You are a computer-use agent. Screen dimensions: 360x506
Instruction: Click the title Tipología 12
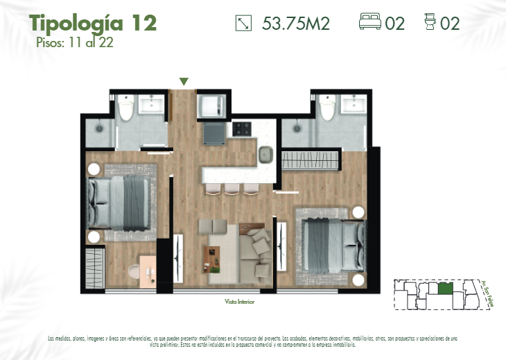pyautogui.click(x=93, y=22)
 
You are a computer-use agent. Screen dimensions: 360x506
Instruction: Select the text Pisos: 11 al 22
pyautogui.click(x=75, y=42)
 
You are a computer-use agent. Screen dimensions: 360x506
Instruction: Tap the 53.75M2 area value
pyautogui.click(x=296, y=24)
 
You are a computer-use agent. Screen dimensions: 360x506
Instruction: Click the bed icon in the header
pyautogui.click(x=371, y=23)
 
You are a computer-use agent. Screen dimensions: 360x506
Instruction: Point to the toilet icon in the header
pyautogui.click(x=430, y=23)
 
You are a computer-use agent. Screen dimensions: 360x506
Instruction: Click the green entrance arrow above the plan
pyautogui.click(x=184, y=82)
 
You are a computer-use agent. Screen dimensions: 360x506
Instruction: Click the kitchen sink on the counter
pyautogui.click(x=266, y=155)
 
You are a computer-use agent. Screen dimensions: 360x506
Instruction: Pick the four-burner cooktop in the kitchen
pyautogui.click(x=242, y=128)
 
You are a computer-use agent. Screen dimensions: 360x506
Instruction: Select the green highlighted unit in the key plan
pyautogui.click(x=446, y=286)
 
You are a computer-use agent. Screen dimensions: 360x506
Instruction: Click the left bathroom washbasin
pyautogui.click(x=151, y=106)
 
